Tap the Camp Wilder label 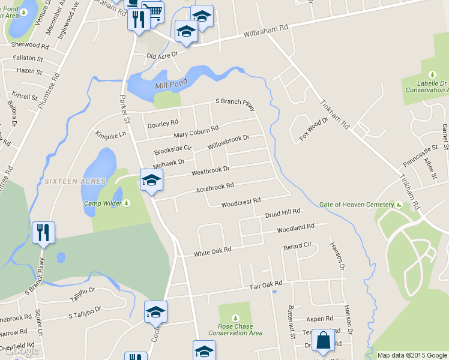coord(103,203)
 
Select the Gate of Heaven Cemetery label coord(357,205)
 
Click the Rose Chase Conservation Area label coord(235,329)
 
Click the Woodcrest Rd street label coord(241,203)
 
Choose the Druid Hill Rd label coord(282,214)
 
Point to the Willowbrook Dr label coord(228,142)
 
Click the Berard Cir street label coord(298,246)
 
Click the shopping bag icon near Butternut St coord(323,340)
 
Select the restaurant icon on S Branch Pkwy coord(43,232)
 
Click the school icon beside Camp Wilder coord(151,179)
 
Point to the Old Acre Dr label coord(163,55)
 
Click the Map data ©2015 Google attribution coord(412,355)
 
